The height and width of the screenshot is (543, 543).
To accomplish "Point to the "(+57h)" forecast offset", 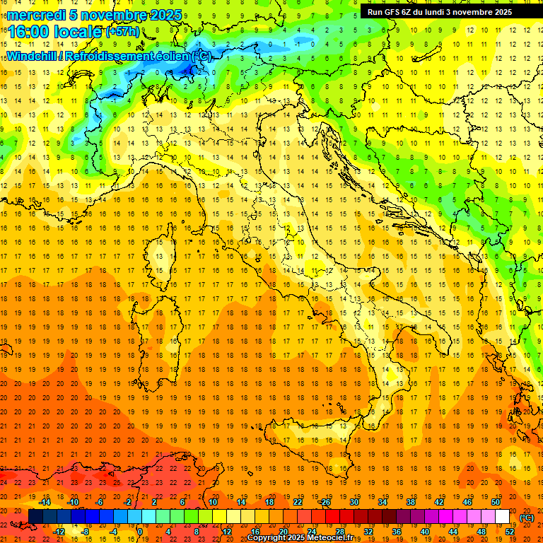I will click(x=123, y=32).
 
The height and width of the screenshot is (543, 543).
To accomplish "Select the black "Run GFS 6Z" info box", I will click(x=445, y=12).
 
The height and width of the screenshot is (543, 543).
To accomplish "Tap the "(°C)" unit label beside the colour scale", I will click(x=526, y=518).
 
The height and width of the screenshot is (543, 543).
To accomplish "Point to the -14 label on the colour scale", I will click(x=45, y=502).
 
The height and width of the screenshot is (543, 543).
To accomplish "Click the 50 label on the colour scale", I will click(x=495, y=502).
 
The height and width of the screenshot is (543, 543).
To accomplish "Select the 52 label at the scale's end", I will click(x=510, y=531).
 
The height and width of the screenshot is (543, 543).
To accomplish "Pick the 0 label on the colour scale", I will click(x=139, y=531).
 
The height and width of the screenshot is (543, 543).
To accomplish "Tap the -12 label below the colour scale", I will click(x=59, y=531).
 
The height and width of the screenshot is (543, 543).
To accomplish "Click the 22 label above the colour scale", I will click(x=298, y=502).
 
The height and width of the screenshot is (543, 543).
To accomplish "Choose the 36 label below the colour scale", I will click(x=396, y=531).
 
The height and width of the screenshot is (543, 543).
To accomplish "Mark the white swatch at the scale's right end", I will click(x=503, y=517).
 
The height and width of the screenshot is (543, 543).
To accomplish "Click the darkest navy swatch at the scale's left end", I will click(x=35, y=517).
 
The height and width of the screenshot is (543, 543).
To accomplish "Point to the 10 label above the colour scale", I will click(x=213, y=502).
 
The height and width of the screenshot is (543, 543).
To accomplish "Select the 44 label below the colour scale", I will click(x=452, y=531).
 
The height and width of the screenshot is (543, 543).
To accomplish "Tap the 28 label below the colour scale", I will click(x=339, y=531).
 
